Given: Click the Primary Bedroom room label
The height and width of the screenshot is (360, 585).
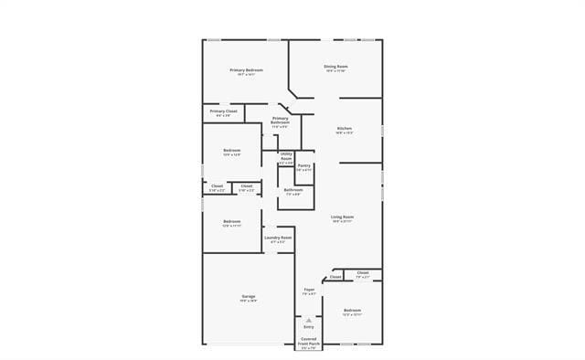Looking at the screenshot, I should tap(247, 70).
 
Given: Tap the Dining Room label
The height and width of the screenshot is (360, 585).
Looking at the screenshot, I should tap(335, 66).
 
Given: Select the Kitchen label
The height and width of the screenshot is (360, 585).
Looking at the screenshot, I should tap(345, 128).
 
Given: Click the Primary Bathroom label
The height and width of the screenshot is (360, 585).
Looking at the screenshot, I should tap(280, 120).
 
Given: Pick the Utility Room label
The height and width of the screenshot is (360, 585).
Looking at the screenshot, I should tap(286, 155).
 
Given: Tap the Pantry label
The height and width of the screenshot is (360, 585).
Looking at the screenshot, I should tap(304, 165).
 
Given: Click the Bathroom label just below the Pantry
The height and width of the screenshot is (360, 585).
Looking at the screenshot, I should tap(293, 189).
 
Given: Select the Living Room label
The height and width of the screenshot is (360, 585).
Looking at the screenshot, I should tap(343, 217).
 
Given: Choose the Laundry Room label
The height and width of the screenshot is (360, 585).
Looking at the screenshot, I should tap(278, 238).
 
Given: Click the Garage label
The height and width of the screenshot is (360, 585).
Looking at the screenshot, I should tap(248, 296).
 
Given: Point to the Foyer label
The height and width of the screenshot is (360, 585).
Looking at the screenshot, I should tap(309, 290).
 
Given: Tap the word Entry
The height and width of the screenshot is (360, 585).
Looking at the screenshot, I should tap(309, 326).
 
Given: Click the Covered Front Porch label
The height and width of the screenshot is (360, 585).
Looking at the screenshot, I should tap(309, 340).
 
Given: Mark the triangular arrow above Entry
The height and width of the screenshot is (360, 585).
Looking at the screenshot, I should tap(309, 320).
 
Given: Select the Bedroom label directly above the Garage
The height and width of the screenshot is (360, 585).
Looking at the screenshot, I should tap(232, 221).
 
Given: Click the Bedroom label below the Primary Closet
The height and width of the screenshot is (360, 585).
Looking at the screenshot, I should tap(232, 150).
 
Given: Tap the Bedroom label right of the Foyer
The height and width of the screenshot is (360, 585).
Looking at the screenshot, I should tap(352, 311).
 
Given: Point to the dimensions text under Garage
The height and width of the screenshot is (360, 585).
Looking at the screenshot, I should tap(248, 301).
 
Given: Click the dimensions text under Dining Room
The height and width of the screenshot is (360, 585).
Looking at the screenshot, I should tap(335, 70).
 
